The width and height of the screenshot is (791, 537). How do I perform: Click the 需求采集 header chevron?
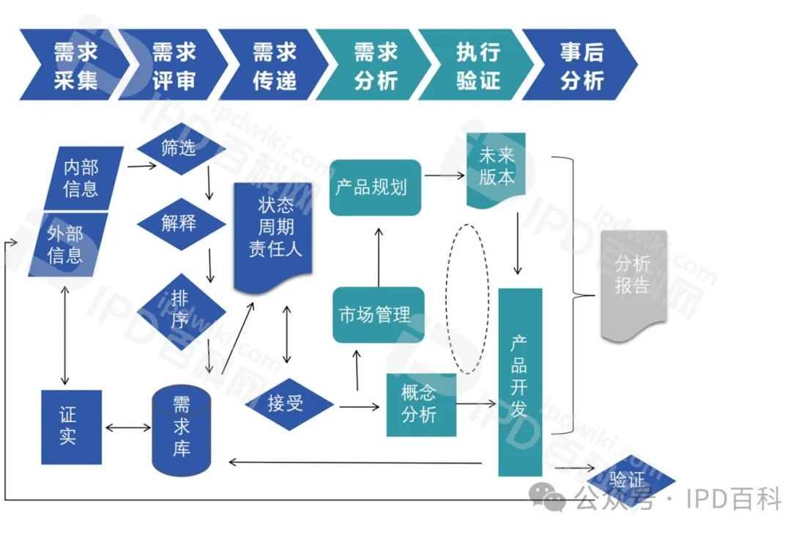[73, 64]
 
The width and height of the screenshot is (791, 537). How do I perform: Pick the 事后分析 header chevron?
[581, 64]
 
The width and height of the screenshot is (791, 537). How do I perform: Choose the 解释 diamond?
[179, 222]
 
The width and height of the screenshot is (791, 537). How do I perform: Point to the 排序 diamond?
[180, 308]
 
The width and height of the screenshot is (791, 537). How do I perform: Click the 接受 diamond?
[286, 403]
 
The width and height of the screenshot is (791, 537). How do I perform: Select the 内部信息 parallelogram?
[81, 178]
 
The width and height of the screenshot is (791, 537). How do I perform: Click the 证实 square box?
[70, 427]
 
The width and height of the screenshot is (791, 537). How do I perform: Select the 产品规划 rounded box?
[375, 188]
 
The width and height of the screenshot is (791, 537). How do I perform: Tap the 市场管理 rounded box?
[378, 315]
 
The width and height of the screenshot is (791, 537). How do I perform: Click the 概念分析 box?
[420, 404]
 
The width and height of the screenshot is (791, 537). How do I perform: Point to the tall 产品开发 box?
[519, 381]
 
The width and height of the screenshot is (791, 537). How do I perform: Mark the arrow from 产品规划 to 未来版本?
[445, 175]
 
